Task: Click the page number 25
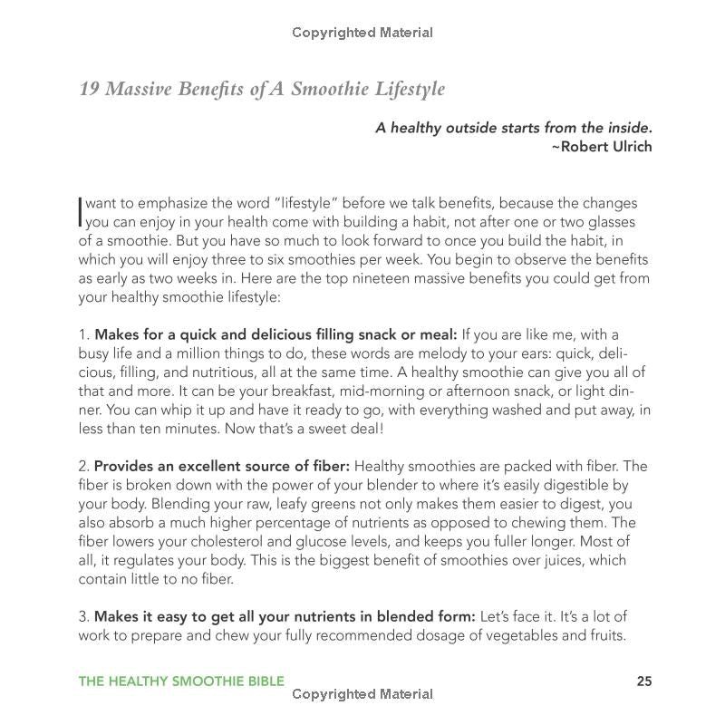pyautogui.click(x=643, y=681)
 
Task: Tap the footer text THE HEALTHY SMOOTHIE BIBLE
pyautogui.click(x=181, y=681)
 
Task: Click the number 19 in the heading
pyautogui.click(x=89, y=89)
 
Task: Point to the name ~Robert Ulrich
pyautogui.click(x=602, y=147)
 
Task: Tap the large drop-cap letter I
pyautogui.click(x=82, y=212)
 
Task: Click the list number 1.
pyautogui.click(x=83, y=334)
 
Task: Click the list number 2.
pyautogui.click(x=83, y=467)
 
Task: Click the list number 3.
pyautogui.click(x=83, y=617)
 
